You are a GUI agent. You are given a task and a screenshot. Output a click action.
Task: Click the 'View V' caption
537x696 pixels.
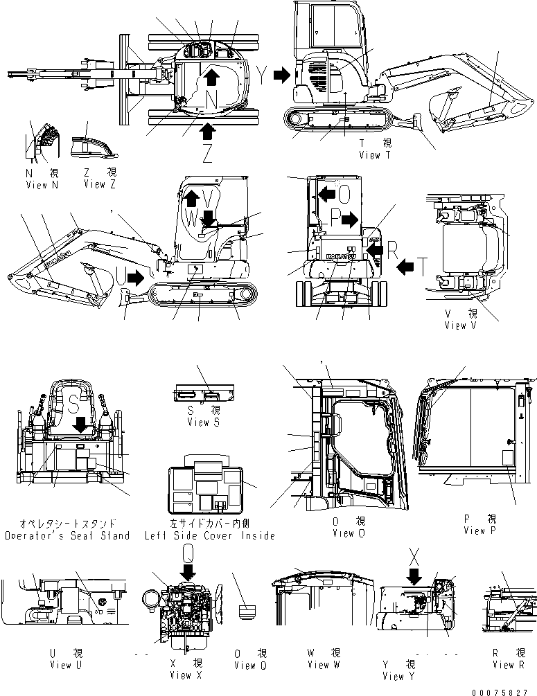click(465, 325)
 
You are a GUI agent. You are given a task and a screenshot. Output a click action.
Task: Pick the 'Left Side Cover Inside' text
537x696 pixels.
click(209, 535)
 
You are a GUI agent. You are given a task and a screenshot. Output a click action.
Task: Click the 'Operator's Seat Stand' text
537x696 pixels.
click(67, 535)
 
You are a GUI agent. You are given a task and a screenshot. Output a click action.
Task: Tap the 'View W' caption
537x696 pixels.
click(323, 665)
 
